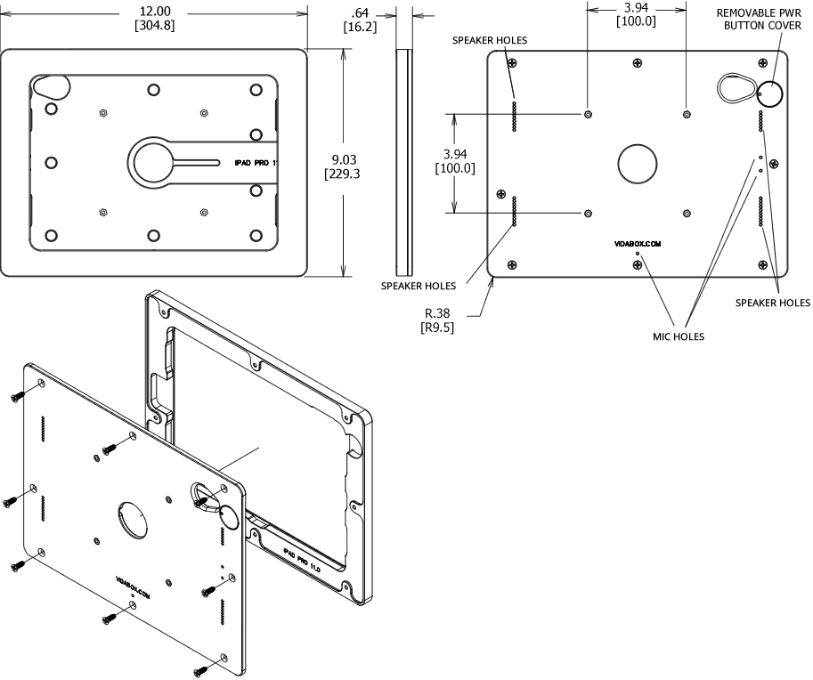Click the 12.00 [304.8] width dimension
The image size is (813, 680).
(x=153, y=17)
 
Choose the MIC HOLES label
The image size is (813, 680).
(x=679, y=336)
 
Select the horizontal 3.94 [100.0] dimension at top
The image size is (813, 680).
(x=636, y=14)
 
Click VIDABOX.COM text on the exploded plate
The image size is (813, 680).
(x=133, y=583)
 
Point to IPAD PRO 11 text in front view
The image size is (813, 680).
(x=256, y=164)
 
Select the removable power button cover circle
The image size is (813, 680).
(x=769, y=93)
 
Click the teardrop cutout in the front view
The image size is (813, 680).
(x=53, y=87)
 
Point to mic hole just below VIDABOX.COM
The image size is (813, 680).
(x=638, y=254)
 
